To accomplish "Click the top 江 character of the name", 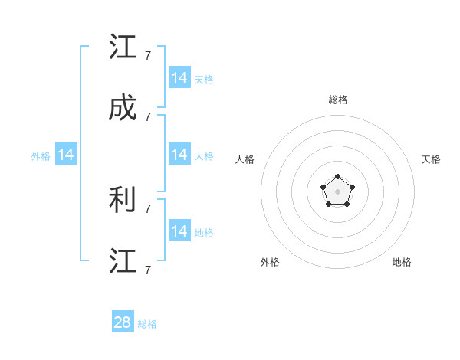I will [x=123, y=47].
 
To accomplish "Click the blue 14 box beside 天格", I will [x=179, y=78].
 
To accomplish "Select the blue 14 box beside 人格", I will [x=179, y=155].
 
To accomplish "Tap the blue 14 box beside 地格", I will [x=179, y=231].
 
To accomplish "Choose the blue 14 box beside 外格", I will [x=66, y=155].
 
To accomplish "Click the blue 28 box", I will [x=123, y=322].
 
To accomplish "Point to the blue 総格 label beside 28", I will [x=147, y=324].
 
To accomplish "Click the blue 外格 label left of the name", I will [x=41, y=156].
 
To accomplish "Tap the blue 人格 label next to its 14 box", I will [x=204, y=156].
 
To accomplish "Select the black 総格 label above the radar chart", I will [x=337, y=100].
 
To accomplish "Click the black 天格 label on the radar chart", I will [x=431, y=159].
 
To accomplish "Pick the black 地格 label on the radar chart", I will [x=402, y=262].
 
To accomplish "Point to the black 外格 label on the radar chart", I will [x=270, y=262].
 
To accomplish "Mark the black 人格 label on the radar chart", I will [x=245, y=159].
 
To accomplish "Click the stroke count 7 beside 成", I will [x=147, y=116].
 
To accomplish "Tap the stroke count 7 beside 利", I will [x=147, y=207].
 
